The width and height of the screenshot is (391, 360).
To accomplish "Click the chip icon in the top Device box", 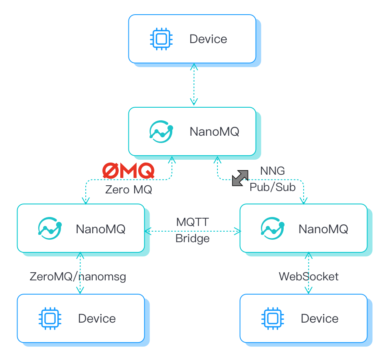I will (161, 39).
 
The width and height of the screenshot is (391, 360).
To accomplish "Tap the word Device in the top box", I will (208, 39).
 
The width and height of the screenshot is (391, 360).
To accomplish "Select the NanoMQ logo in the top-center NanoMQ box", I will (161, 131).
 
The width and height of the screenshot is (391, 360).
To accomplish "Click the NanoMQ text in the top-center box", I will (214, 132).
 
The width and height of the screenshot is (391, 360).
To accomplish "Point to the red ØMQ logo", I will (128, 171).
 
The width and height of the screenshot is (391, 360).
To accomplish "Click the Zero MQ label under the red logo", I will (128, 189).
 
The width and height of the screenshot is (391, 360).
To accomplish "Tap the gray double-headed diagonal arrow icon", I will (240, 178).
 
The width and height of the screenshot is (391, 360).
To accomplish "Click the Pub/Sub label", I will (272, 187).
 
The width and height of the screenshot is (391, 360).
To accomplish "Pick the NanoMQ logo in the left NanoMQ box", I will (50, 228).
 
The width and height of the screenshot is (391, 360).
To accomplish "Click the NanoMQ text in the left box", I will (100, 229).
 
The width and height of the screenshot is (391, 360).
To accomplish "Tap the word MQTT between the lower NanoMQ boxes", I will (192, 222).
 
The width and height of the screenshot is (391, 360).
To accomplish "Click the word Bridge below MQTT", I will (192, 238).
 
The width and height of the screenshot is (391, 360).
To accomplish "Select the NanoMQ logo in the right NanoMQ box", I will (272, 228).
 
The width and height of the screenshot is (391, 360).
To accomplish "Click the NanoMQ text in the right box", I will (323, 229).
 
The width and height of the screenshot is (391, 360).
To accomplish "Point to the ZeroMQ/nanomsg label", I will (78, 277).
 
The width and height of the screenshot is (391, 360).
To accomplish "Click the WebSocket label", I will (308, 277).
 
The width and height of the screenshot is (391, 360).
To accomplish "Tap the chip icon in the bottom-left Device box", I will (50, 318).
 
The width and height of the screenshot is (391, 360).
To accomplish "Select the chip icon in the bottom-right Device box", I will (272, 318).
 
